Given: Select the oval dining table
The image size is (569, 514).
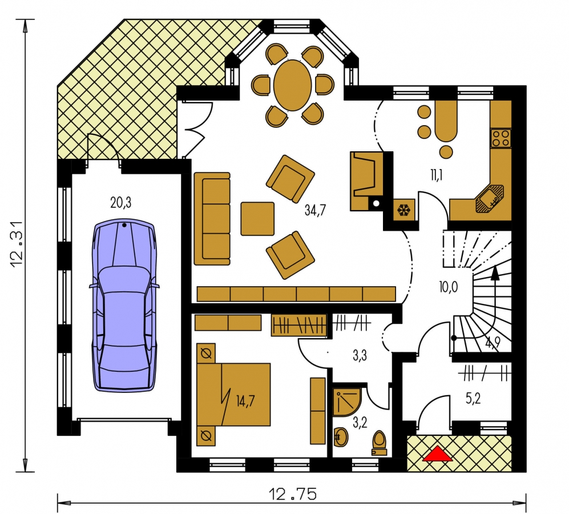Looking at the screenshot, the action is [x=292, y=85].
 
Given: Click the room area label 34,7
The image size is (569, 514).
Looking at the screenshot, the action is [x=315, y=210].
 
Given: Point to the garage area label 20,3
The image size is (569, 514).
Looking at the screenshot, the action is [x=121, y=203].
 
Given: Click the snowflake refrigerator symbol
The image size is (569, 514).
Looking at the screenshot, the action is [x=404, y=210].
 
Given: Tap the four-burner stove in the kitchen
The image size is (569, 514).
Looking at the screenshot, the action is [x=501, y=138].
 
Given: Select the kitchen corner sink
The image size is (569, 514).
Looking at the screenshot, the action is [x=490, y=198].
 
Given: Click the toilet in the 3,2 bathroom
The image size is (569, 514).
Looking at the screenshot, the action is [x=380, y=443].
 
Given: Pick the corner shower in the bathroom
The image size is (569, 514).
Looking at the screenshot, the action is [x=346, y=401].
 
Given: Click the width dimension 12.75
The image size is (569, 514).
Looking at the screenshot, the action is [x=292, y=495].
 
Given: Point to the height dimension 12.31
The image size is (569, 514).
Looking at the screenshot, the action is [x=17, y=244].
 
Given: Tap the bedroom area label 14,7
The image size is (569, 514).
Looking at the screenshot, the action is [x=245, y=401].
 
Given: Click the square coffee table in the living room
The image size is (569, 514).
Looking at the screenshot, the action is [x=257, y=219].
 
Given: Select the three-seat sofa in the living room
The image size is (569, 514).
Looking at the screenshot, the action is [x=212, y=219].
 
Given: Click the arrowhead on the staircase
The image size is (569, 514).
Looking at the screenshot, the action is [x=495, y=272].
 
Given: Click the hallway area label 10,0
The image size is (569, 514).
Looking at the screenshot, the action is [x=448, y=287].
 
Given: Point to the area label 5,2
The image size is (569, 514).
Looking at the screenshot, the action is [x=473, y=399].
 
